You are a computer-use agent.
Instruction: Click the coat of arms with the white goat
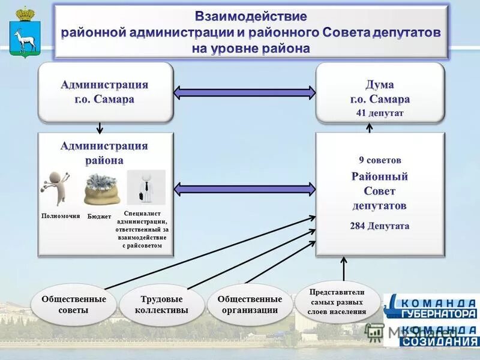pyautogui.click(x=25, y=34)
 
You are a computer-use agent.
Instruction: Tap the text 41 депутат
pyautogui.click(x=380, y=112)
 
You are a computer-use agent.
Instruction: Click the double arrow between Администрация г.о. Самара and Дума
pyautogui.click(x=244, y=92)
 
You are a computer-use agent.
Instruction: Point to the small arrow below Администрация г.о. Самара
pyautogui.click(x=100, y=127)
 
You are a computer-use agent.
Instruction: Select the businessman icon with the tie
pyautogui.click(x=145, y=187)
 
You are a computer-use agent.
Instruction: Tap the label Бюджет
pyautogui.click(x=99, y=216)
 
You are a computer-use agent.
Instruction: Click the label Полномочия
pyautogui.click(x=60, y=215)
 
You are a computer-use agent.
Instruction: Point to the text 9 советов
pyautogui.click(x=380, y=160)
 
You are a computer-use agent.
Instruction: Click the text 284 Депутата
pyautogui.click(x=380, y=226)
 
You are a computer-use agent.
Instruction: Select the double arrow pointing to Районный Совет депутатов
pyautogui.click(x=244, y=189)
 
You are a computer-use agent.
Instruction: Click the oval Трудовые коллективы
pyautogui.click(x=161, y=304)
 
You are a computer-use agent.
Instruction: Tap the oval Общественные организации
pyautogui.click(x=250, y=304)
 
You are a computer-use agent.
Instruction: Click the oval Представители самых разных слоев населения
pyautogui.click(x=337, y=302)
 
